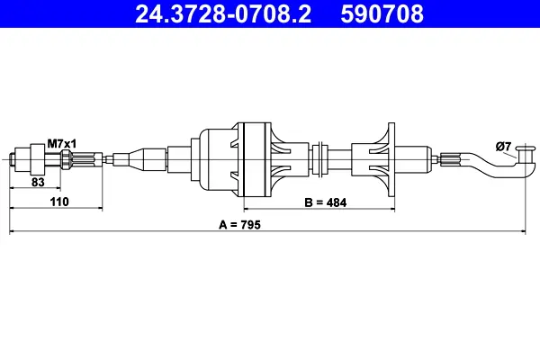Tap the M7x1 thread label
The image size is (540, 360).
point(62,143)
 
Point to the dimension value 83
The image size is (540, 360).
point(38,182)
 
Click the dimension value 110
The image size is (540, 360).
point(59,202)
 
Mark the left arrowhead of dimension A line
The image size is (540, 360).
point(12,232)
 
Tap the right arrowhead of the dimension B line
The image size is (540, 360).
point(392,210)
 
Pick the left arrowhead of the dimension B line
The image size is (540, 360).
point(247,210)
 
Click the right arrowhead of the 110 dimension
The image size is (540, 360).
point(108,210)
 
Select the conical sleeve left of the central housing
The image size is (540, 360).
point(144,159)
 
